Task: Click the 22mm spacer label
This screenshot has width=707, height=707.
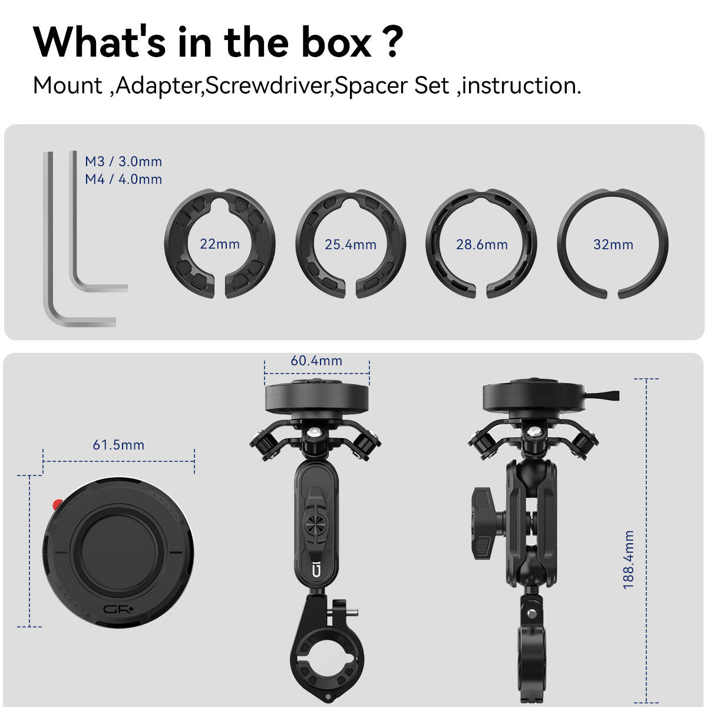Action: click(220, 244)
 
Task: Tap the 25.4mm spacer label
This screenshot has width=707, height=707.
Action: click(351, 245)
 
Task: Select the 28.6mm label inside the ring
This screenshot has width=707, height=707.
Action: click(482, 245)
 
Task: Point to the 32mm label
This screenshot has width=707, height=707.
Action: click(613, 245)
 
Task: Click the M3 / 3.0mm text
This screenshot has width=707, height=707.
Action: click(123, 161)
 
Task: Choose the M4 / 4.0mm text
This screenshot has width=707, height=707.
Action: click(123, 179)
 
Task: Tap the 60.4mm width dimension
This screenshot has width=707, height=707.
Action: click(316, 361)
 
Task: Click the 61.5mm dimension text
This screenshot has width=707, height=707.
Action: click(118, 445)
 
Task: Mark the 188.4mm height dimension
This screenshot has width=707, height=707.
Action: click(629, 560)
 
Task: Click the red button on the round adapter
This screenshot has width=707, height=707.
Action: click(57, 504)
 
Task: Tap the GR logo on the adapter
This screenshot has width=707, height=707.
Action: click(118, 609)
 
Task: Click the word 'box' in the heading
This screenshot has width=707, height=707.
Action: click(336, 43)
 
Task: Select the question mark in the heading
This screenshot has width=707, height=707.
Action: click(392, 42)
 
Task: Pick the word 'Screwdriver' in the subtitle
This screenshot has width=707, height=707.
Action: click(269, 85)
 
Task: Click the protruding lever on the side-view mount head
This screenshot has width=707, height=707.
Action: click(602, 395)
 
